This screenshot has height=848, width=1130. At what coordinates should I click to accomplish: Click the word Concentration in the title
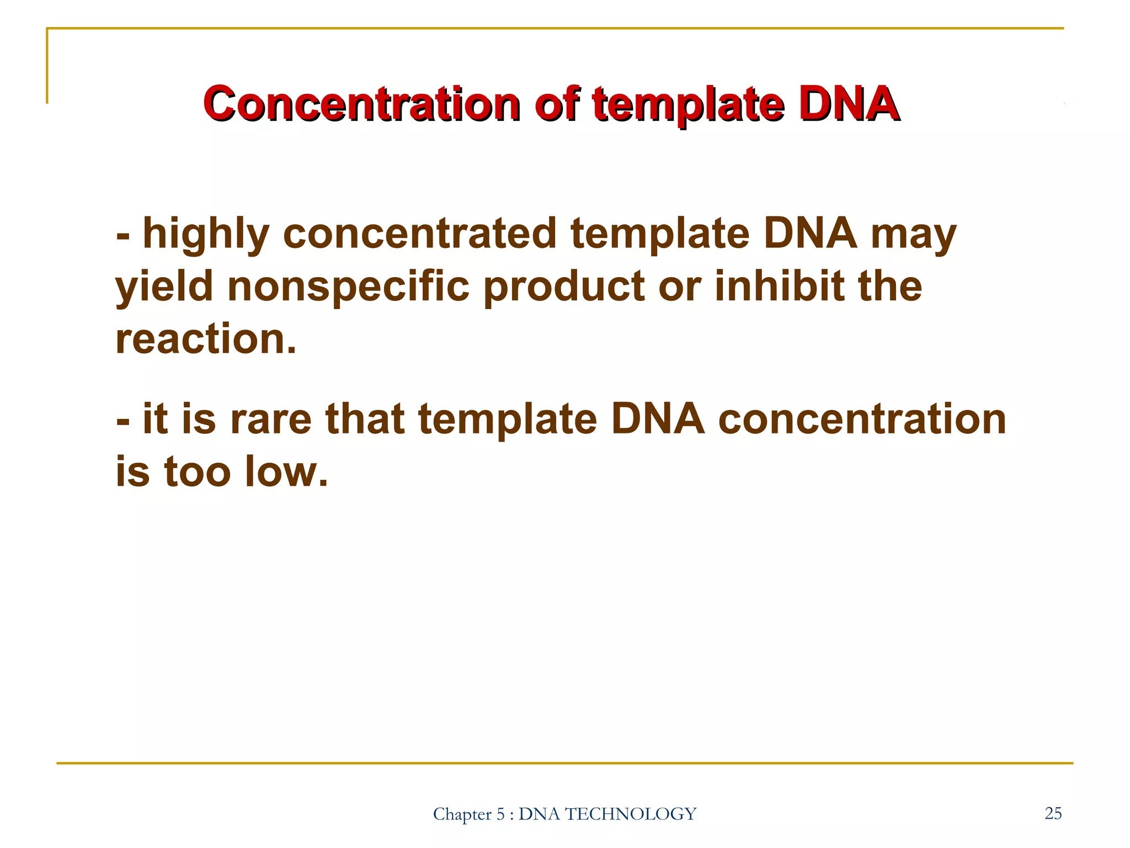click(361, 104)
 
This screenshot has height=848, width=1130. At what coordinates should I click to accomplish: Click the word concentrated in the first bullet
click(419, 234)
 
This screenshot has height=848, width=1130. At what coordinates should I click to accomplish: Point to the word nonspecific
click(348, 287)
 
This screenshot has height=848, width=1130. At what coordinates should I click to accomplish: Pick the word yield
click(164, 287)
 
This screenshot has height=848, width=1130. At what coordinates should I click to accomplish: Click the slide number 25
click(1053, 813)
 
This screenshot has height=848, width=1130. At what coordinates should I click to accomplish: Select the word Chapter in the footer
click(462, 814)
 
